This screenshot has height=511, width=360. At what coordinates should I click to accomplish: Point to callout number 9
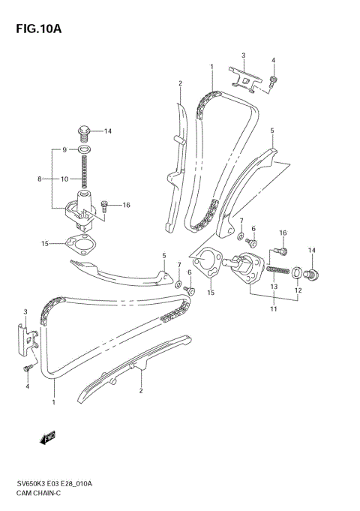[x=64, y=149]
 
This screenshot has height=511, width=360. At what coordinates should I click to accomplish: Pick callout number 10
[x=65, y=179]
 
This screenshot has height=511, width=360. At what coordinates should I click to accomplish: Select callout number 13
[x=273, y=287]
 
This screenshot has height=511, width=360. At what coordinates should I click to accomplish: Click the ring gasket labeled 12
[x=297, y=272]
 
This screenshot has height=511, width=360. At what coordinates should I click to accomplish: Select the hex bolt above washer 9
[x=85, y=132]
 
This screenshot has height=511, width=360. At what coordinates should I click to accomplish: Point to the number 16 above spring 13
[x=283, y=233]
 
